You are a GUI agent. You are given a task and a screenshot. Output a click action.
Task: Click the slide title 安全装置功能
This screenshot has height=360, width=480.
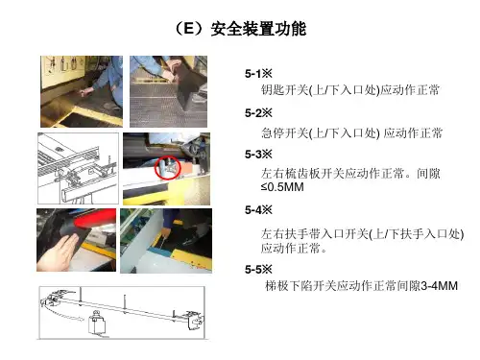click(258, 29)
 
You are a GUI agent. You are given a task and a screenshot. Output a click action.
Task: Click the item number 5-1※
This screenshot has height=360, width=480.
click(258, 74)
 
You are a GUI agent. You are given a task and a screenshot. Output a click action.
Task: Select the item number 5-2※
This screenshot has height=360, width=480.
click(258, 113)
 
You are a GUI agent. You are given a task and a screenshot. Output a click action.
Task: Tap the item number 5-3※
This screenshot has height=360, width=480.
click(258, 155)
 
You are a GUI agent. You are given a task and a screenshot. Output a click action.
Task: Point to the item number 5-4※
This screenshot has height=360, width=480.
click(258, 210)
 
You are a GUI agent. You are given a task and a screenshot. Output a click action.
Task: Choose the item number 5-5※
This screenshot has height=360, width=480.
click(258, 269)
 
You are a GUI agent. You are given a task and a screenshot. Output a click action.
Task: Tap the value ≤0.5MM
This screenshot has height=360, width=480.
click(282, 187)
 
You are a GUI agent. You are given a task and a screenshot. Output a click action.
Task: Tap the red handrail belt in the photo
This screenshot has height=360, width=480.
click(95, 218)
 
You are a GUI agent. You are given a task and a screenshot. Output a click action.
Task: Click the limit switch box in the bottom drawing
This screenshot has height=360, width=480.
click(97, 324)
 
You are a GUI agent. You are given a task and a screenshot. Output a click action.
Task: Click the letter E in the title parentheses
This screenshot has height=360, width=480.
click(189, 29)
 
